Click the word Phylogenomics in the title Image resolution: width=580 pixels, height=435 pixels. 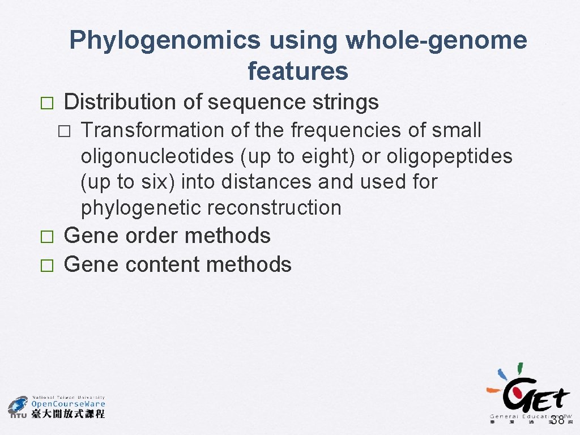[x=165, y=41]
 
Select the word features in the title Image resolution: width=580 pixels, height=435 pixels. [x=298, y=71]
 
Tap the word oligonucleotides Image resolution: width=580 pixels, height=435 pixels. [x=158, y=156]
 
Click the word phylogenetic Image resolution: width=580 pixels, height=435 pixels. [x=142, y=208]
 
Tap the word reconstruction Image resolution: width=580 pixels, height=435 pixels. [x=275, y=208]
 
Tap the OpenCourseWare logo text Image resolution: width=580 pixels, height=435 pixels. [x=68, y=404]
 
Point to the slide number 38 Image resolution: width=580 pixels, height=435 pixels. [x=557, y=420]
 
